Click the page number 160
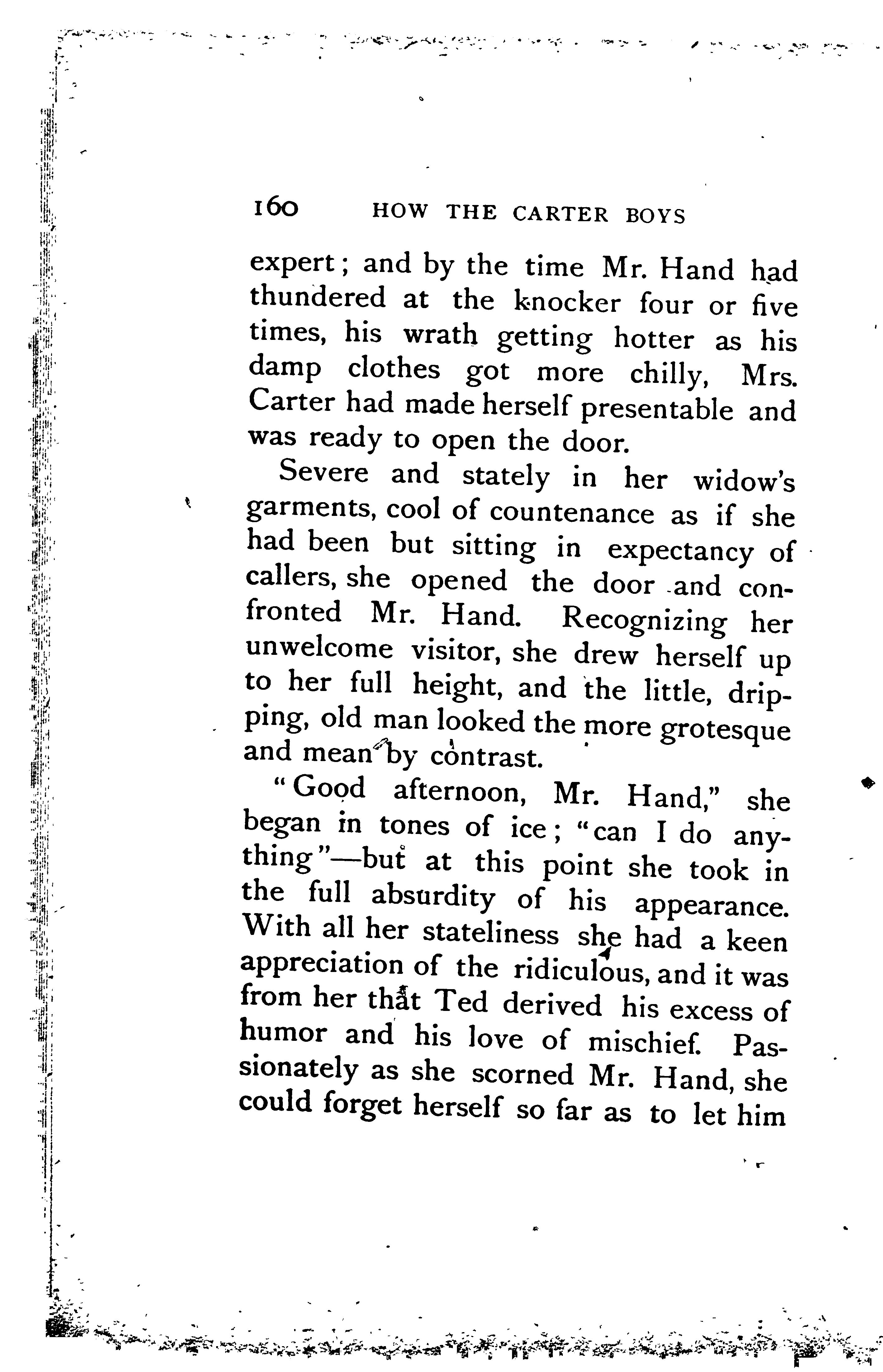click(x=275, y=209)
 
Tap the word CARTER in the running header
click(x=560, y=214)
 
